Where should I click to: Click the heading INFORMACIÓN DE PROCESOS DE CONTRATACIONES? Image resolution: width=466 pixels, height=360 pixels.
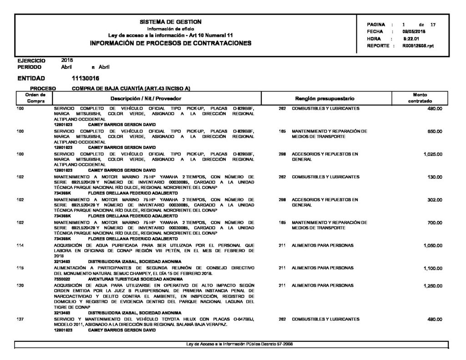(171, 43)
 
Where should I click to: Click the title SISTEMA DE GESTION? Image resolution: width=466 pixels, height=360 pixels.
(171, 22)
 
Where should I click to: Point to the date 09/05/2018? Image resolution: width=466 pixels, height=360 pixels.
(414, 31)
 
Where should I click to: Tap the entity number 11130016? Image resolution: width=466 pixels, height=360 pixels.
(86, 79)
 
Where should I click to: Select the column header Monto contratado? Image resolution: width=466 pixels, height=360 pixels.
(422, 98)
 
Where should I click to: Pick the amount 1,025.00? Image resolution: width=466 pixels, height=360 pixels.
(432, 154)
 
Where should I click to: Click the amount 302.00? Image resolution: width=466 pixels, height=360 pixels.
(435, 200)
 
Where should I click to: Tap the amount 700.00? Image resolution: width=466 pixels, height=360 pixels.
(435, 223)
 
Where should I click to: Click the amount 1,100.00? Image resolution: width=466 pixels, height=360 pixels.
(432, 268)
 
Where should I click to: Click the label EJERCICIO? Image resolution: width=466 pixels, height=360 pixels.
(31, 60)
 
